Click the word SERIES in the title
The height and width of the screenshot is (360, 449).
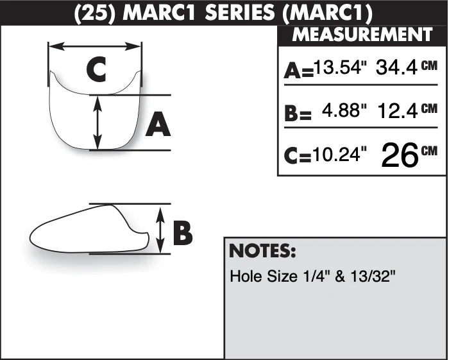click(x=240, y=13)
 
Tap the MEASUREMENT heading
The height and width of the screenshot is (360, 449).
click(x=362, y=35)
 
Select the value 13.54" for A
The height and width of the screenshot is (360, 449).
click(x=340, y=67)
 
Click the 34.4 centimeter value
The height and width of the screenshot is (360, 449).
click(x=396, y=67)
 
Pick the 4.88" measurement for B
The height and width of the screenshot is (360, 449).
click(x=344, y=110)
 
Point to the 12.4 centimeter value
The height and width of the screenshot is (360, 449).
click(x=398, y=111)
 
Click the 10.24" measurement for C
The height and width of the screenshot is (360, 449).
click(x=339, y=154)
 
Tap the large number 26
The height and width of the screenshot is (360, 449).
click(x=400, y=155)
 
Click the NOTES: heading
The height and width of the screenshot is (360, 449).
click(x=262, y=251)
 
